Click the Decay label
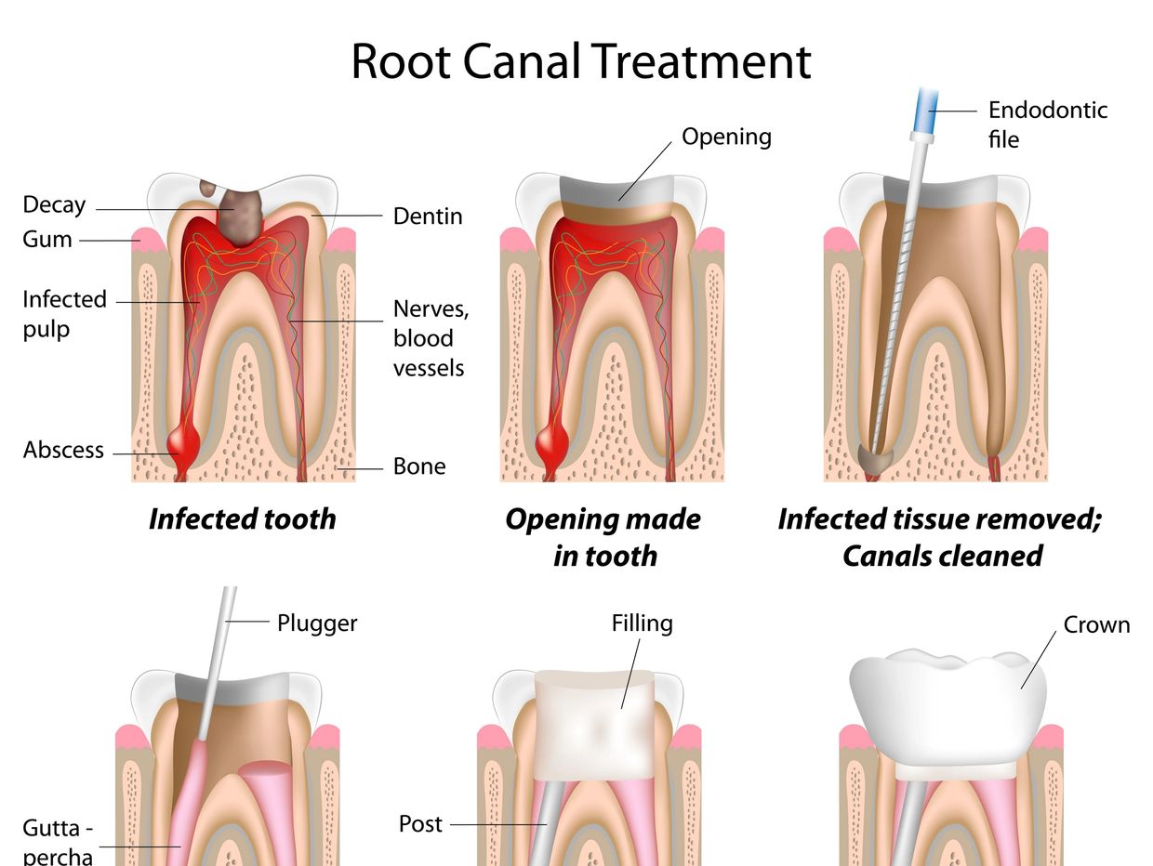pos(54,204)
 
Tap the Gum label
pos(47,240)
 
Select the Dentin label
pos(428,216)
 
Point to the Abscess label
pos(63,451)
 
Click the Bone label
pos(419,466)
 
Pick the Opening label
pos(726,137)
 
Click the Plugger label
pos(317,623)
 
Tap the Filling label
pos(642,623)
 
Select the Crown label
pos(1096,625)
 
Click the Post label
pos(420,824)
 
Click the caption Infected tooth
pos(242,518)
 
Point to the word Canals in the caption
pos(892,556)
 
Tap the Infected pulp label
pos(64,314)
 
